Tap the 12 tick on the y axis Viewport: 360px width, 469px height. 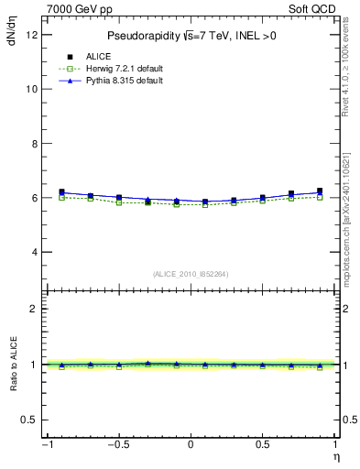click(32, 35)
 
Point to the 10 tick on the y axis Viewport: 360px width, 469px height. click(32, 89)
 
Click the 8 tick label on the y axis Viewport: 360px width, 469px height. click(33, 144)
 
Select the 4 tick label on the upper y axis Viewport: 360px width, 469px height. click(33, 252)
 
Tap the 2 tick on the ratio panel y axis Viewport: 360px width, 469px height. click(33, 309)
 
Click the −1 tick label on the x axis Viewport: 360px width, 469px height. click(47, 445)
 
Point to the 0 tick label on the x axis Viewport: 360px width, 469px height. click(191, 445)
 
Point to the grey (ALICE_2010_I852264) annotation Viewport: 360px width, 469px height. click(191, 273)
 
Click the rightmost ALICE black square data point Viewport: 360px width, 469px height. click(320, 191)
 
